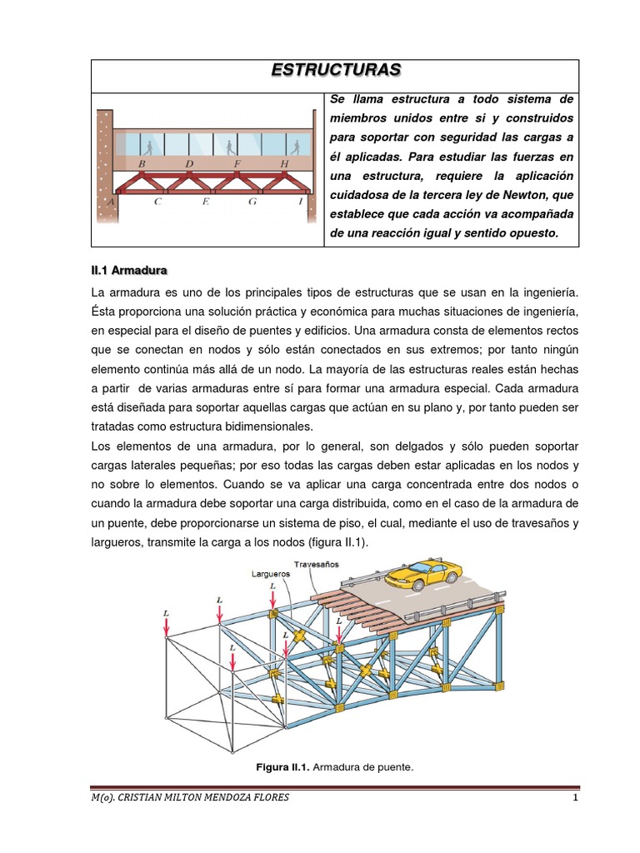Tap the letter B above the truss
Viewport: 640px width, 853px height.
click(x=142, y=164)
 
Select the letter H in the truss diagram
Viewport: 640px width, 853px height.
click(x=284, y=164)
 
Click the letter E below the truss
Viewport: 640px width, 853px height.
click(x=205, y=202)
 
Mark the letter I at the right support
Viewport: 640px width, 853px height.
click(x=300, y=202)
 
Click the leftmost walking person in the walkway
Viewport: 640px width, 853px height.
click(x=148, y=147)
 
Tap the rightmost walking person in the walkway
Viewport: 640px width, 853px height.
click(x=295, y=147)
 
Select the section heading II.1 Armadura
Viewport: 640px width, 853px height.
click(x=129, y=271)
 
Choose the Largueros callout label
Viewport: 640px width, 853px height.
click(x=272, y=574)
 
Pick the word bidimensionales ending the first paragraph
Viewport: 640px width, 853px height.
click(x=195, y=425)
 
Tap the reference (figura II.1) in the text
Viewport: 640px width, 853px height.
click(x=332, y=542)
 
